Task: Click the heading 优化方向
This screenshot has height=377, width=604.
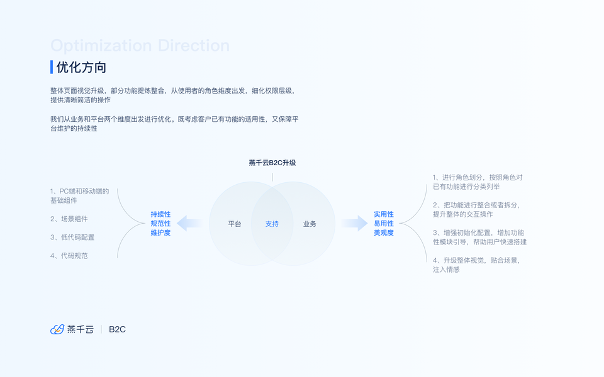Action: [81, 67]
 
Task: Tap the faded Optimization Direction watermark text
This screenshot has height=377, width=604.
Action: [140, 46]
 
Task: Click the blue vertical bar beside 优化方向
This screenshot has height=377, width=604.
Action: [52, 67]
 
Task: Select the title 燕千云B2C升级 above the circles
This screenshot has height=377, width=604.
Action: [272, 163]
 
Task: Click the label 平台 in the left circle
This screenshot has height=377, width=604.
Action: [235, 224]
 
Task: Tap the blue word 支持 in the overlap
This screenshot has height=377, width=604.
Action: [272, 224]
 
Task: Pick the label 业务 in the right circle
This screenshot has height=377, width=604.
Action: [310, 224]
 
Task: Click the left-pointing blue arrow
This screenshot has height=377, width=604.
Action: [189, 223]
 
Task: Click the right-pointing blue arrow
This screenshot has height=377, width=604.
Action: [355, 223]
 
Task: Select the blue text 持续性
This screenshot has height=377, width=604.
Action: [160, 214]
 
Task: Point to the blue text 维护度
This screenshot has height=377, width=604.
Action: [160, 233]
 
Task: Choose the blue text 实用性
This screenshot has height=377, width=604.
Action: [384, 214]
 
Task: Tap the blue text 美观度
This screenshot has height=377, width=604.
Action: [384, 233]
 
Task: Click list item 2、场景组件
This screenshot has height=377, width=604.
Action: [69, 219]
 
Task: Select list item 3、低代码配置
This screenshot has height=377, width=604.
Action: [72, 238]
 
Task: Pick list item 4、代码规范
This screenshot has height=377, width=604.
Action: [69, 256]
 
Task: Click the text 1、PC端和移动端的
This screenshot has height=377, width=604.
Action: [80, 191]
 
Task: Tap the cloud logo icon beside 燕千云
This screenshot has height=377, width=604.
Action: [57, 329]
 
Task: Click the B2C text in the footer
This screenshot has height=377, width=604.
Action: [118, 329]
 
